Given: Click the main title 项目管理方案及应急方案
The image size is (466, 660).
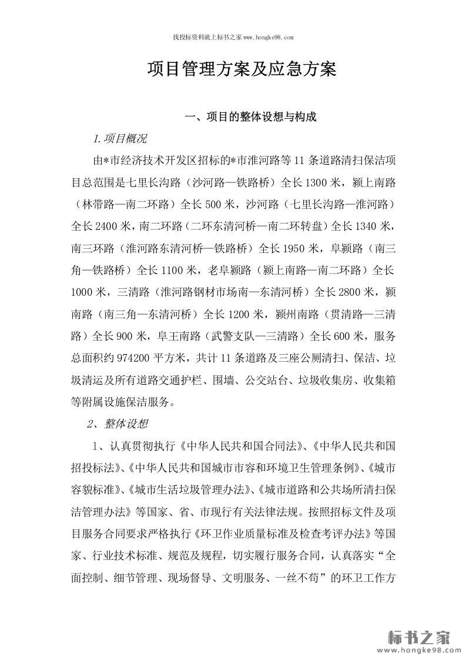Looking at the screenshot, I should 241,71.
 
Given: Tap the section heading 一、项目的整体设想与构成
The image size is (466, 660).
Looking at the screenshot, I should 251,117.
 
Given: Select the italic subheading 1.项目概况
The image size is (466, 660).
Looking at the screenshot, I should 120,140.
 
